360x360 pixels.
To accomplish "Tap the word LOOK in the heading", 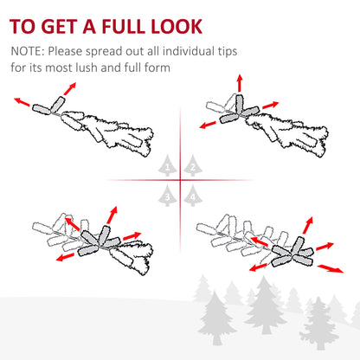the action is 177,27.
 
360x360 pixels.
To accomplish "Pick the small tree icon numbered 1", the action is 167,165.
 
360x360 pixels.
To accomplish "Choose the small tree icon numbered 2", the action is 193,165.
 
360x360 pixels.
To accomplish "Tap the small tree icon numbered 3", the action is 167,196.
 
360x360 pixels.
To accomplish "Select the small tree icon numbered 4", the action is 193,196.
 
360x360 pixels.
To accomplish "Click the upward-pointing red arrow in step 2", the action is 239,83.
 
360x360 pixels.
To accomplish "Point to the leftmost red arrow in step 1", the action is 22,102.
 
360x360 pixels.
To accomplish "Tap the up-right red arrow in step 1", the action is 70,88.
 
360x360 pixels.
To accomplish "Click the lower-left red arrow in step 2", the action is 208,125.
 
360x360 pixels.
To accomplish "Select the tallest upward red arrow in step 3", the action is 112,215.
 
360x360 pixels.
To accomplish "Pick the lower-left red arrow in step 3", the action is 65,257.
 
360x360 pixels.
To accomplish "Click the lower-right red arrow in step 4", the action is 331,268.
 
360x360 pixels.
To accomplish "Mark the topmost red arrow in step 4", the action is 308,225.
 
